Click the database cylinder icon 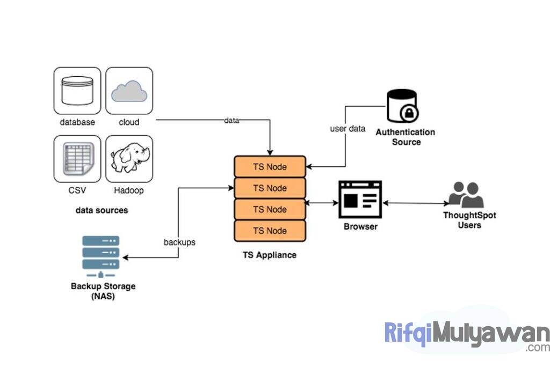click(77, 91)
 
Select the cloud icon click(129, 91)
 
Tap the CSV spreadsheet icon click(77, 158)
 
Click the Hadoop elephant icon click(129, 158)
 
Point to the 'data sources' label click(102, 210)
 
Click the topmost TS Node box click(270, 167)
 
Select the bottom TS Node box click(270, 231)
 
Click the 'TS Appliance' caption click(269, 255)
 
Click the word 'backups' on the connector click(179, 242)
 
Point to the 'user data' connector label click(348, 129)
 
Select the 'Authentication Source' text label click(406, 137)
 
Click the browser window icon click(360, 199)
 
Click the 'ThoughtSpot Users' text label click(469, 220)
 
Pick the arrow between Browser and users click(415, 203)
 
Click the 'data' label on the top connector click(231, 120)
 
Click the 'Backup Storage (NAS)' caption click(103, 291)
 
